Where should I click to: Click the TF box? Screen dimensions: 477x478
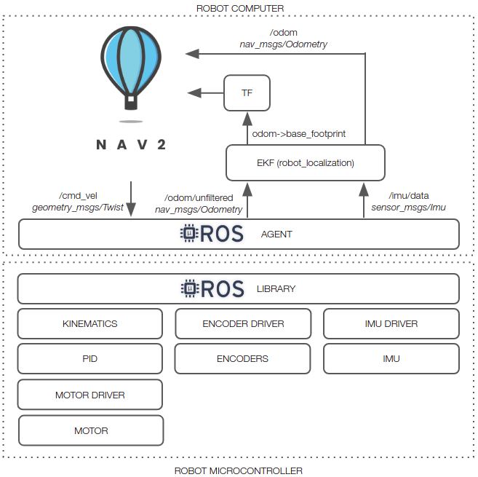coord(247,92)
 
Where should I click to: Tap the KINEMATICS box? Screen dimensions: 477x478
coord(89,323)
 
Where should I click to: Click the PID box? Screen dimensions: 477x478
coord(89,359)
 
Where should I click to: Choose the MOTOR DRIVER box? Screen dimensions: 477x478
coord(89,395)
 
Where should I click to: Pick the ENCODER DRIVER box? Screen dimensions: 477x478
coord(243,323)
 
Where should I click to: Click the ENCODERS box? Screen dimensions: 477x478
coord(243,359)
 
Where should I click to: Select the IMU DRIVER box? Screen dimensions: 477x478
coord(391,323)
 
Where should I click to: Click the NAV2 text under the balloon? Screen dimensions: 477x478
coord(131,143)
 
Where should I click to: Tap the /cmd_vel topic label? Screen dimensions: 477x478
coord(77,196)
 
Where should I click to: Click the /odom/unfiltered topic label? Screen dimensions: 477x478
coord(199,198)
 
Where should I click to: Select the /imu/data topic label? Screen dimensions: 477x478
coord(408,196)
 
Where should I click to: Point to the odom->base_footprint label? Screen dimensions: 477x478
coord(298,134)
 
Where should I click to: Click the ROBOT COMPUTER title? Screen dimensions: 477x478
coord(240,8)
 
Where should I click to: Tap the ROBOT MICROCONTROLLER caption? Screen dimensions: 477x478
coord(238,470)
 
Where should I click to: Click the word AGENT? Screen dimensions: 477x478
coord(276,234)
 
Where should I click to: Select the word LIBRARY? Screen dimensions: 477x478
coord(276,289)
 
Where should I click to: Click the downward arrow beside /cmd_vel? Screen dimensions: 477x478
coord(131,199)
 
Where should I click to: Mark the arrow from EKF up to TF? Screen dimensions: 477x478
coord(247,127)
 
